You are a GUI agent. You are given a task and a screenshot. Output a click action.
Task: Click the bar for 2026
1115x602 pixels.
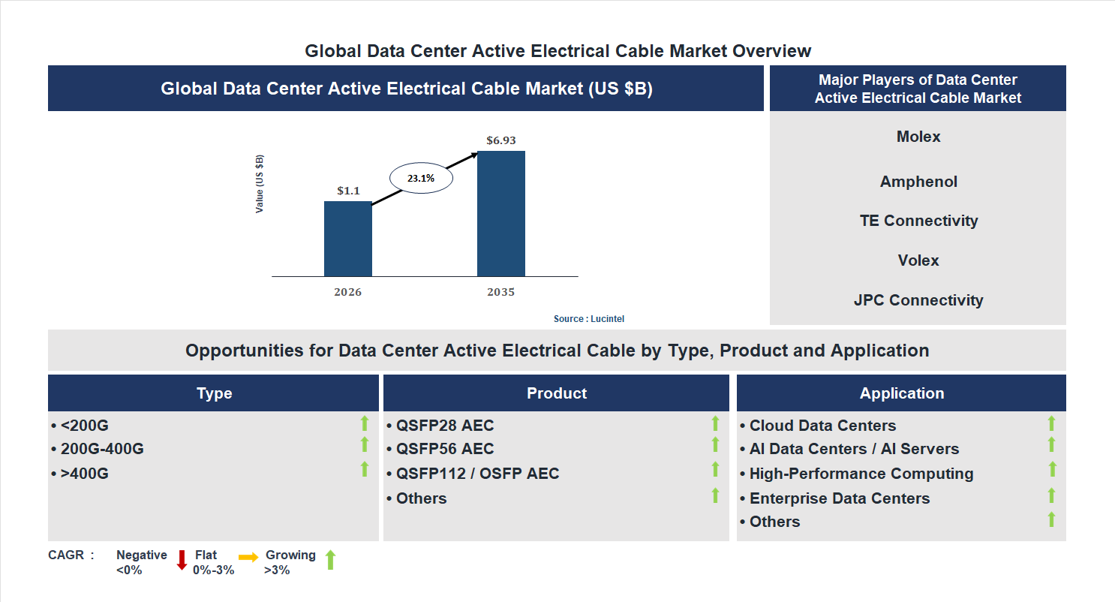[347, 239]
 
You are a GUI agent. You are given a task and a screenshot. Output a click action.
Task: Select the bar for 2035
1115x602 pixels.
[500, 214]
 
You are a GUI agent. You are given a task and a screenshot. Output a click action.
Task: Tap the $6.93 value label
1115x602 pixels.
[500, 140]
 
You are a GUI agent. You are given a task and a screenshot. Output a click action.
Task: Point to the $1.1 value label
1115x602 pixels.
[348, 191]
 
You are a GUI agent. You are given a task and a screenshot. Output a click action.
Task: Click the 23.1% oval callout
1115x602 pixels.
[420, 179]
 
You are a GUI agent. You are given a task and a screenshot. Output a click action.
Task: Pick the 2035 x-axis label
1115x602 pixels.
[500, 292]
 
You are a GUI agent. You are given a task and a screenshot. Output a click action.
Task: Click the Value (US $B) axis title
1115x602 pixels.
[260, 184]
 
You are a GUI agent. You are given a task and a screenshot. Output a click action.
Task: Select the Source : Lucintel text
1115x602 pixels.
[588, 319]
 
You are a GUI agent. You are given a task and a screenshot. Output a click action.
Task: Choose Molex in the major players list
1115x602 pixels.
[918, 137]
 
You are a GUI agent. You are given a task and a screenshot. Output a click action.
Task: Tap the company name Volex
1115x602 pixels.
[918, 260]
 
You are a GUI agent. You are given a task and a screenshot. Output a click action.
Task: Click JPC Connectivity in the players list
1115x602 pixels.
[918, 300]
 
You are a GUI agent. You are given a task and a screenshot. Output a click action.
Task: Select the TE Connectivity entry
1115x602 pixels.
[918, 221]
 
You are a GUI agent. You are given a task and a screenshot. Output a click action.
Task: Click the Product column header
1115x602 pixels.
[556, 393]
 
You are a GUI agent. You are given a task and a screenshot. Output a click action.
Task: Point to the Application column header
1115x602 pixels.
[901, 393]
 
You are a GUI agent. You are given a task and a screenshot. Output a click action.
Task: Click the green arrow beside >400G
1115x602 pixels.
[365, 470]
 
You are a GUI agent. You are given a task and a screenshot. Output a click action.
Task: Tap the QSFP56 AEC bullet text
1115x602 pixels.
[445, 449]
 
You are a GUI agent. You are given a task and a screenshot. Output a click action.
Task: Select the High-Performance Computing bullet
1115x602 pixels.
[861, 474]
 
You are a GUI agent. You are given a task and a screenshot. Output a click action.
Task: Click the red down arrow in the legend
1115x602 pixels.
[181, 560]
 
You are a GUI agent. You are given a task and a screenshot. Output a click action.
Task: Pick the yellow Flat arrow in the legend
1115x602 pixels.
[248, 557]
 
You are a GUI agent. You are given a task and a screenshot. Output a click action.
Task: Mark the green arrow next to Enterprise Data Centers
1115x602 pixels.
[1052, 495]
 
